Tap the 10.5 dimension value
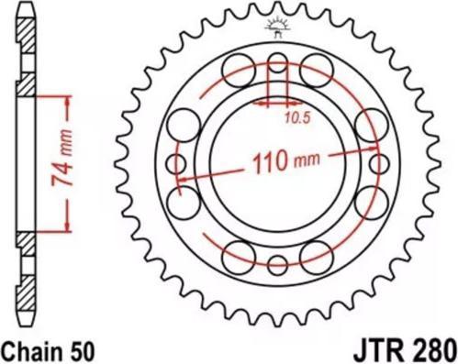click(296, 117)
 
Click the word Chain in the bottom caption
click(32, 349)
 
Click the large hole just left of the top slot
click(236, 68)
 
